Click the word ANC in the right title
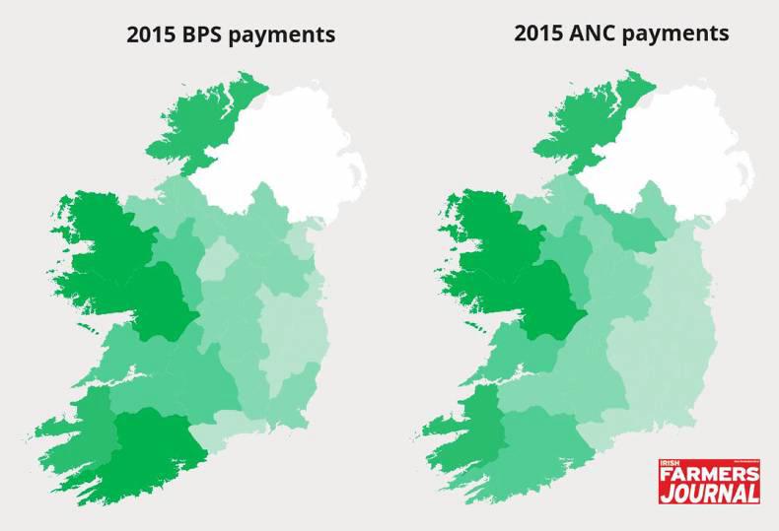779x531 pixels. tap(589, 33)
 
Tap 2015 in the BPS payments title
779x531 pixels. tap(151, 35)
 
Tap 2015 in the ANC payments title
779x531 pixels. tap(538, 33)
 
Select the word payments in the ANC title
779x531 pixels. tap(675, 34)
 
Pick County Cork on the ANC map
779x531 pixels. tap(537, 443)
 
